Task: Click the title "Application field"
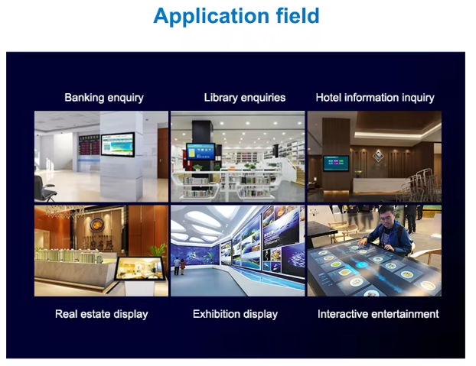point(236,16)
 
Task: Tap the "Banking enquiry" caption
point(104,98)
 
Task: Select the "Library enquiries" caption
point(245,98)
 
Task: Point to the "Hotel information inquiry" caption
point(375,98)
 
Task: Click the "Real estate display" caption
point(101,314)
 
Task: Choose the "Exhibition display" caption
point(235,314)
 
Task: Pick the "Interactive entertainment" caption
point(378,314)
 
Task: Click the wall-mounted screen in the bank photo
point(118,144)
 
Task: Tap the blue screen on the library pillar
point(201,151)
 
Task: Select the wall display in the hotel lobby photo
point(336,164)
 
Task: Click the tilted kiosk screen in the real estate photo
point(140,268)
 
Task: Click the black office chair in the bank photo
point(44,189)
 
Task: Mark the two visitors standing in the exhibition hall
point(179,266)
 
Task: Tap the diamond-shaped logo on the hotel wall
point(378,156)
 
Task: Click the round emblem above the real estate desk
point(97,225)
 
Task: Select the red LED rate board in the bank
point(90,145)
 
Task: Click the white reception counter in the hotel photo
point(380,186)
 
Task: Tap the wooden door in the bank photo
point(163,153)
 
